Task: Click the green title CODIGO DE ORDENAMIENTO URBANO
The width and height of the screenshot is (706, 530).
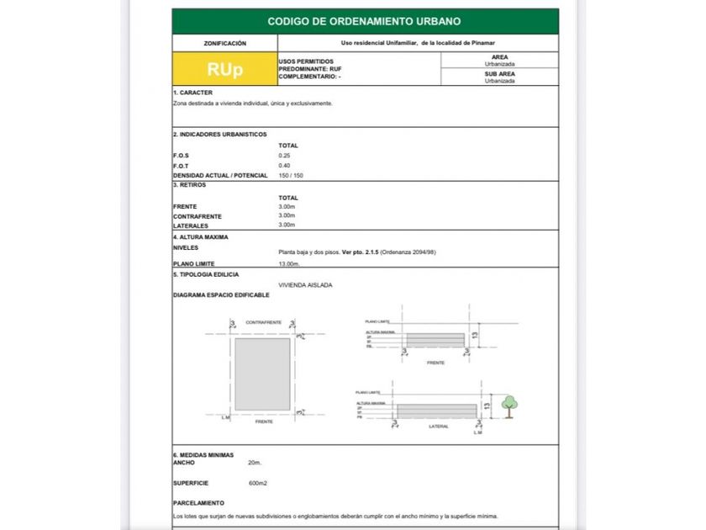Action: click(x=364, y=21)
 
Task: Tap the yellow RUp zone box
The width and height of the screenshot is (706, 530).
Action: click(x=224, y=69)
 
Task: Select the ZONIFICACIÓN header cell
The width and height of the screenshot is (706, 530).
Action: click(x=224, y=43)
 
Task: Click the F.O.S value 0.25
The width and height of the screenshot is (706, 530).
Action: click(x=284, y=156)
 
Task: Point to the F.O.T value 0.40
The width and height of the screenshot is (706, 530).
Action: click(x=284, y=166)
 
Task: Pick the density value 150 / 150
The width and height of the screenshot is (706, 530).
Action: click(x=291, y=175)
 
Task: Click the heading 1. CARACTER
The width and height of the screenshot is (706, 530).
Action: click(x=192, y=93)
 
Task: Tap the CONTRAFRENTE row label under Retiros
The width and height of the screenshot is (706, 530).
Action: click(x=197, y=216)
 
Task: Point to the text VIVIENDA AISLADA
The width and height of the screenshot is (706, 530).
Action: click(x=305, y=285)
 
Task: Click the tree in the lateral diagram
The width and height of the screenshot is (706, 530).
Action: click(x=509, y=405)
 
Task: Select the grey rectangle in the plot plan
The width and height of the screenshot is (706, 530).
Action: click(x=262, y=374)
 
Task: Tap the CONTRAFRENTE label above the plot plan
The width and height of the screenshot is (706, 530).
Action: click(x=263, y=322)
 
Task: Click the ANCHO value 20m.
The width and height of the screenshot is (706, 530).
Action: click(x=255, y=463)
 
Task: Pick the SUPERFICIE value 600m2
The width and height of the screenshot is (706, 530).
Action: click(x=257, y=483)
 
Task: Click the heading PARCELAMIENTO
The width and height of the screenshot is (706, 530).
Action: click(x=198, y=503)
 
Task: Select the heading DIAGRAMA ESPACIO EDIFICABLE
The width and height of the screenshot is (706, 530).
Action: click(x=221, y=295)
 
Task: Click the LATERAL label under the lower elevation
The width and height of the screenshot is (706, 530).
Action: click(x=438, y=427)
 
